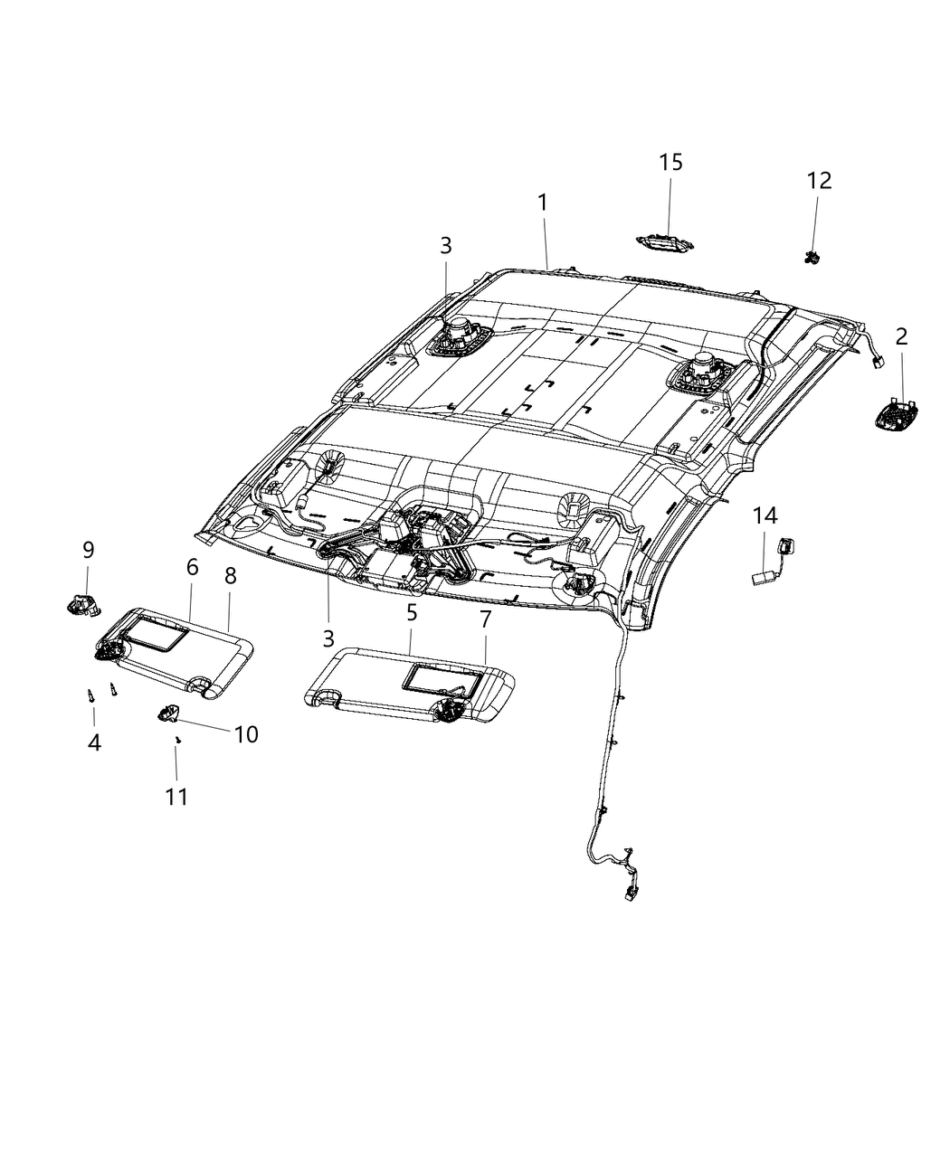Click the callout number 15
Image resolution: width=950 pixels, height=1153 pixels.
click(x=670, y=163)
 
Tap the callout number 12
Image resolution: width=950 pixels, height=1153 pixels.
click(x=819, y=181)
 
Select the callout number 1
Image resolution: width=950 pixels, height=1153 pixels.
click(x=543, y=203)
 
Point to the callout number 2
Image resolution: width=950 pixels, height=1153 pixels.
click(x=901, y=337)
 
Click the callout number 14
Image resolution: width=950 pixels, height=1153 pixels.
click(x=765, y=516)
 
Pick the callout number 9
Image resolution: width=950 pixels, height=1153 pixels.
click(x=88, y=550)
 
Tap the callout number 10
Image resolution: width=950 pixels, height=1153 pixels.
click(x=245, y=734)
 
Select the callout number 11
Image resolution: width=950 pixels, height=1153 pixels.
click(x=176, y=797)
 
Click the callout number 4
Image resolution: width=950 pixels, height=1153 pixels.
click(x=94, y=742)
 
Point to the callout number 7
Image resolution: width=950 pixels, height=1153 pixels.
click(x=485, y=620)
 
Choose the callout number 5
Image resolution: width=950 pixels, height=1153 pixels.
click(x=412, y=612)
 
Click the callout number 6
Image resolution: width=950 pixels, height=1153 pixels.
click(x=192, y=567)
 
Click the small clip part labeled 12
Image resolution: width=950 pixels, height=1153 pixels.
click(x=811, y=257)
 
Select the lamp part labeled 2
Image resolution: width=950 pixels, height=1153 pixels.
click(x=898, y=417)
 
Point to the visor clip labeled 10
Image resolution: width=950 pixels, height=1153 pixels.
click(x=167, y=714)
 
